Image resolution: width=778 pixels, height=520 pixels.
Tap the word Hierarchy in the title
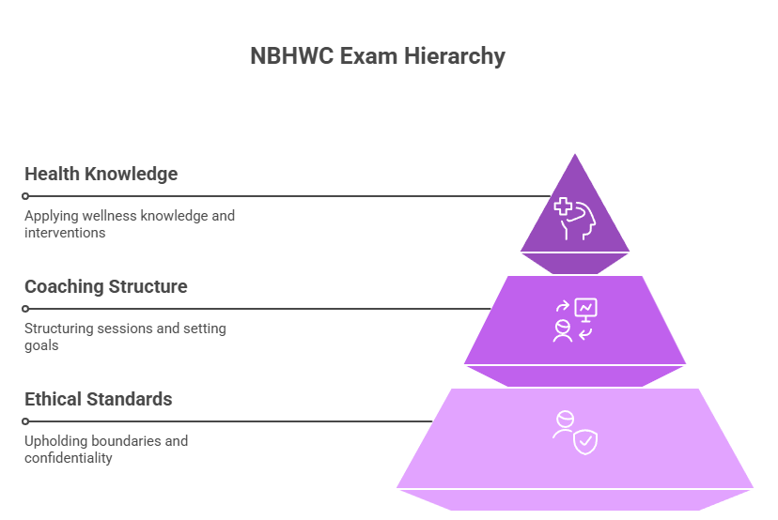(x=455, y=56)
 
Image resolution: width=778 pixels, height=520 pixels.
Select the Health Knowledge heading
(x=101, y=174)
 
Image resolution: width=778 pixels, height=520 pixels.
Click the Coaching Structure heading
(x=105, y=286)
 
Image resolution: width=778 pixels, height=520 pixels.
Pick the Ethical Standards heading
(x=98, y=399)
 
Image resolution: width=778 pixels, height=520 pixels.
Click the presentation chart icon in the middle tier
(x=586, y=309)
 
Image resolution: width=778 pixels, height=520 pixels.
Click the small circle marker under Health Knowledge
(x=26, y=196)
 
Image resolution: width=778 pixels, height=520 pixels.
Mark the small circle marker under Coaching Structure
(x=26, y=309)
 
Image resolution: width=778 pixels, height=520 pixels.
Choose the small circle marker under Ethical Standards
(x=26, y=421)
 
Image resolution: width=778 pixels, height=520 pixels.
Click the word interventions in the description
(x=65, y=233)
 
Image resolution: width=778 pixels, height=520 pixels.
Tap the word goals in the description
(x=41, y=345)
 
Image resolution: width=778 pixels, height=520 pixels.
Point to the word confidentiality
(x=69, y=458)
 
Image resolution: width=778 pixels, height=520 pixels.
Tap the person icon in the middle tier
(x=563, y=331)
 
